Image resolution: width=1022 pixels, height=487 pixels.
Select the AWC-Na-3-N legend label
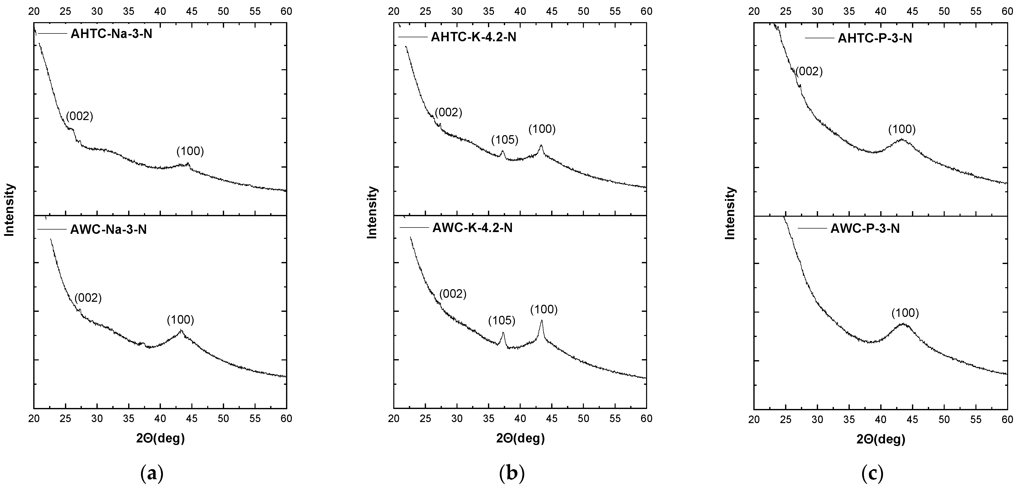[108, 230]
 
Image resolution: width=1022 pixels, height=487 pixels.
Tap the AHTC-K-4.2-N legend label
[473, 38]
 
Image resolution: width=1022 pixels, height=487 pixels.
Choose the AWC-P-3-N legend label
[865, 229]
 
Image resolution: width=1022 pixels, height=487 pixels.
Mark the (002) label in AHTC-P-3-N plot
[809, 71]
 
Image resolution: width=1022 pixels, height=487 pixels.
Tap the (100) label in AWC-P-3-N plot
[905, 313]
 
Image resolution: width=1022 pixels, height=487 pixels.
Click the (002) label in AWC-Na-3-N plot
[88, 298]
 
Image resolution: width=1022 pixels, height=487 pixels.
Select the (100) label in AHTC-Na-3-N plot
[190, 151]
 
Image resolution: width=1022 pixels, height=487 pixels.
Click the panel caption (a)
[152, 473]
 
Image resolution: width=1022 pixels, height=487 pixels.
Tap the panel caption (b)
[512, 473]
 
